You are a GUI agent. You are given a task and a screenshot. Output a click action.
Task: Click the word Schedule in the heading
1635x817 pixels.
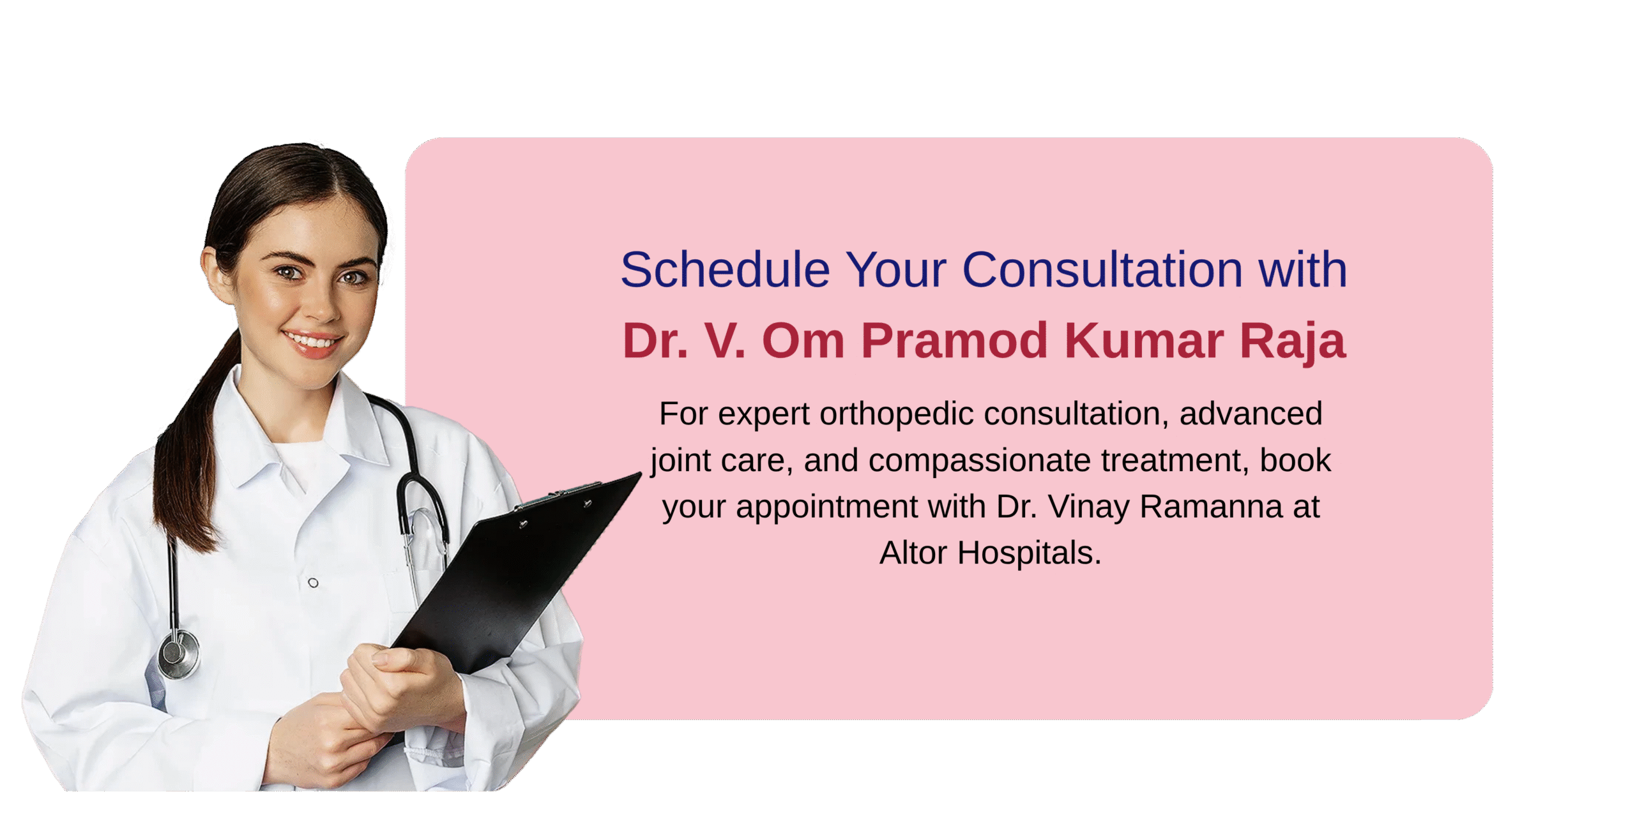[726, 269]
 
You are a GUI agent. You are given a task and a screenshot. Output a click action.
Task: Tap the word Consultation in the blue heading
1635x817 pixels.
[1102, 269]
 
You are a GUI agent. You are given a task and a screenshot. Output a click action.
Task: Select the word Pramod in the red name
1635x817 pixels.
[954, 340]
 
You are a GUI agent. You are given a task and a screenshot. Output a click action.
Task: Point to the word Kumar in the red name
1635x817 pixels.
[1144, 340]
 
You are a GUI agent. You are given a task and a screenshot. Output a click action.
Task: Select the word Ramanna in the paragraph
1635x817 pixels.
[1211, 507]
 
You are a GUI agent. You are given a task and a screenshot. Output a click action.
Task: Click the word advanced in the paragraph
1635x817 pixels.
[1251, 414]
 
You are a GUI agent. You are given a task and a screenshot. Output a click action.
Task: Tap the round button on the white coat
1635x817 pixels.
[313, 583]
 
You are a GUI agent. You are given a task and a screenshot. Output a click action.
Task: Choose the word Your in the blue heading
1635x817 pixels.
[896, 269]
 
